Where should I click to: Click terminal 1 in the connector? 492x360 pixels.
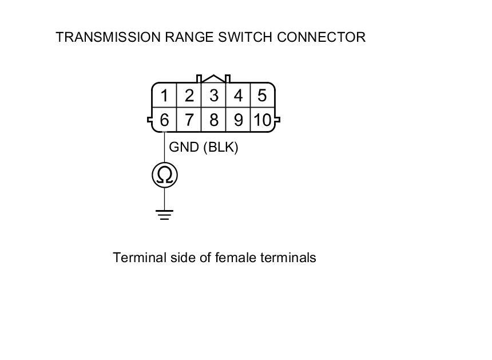click(x=164, y=95)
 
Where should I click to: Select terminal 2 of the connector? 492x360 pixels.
click(x=189, y=95)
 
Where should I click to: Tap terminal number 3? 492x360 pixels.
click(x=213, y=95)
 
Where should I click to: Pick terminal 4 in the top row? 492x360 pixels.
click(x=238, y=95)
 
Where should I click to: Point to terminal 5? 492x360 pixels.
click(x=262, y=95)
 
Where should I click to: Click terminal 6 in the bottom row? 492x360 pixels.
click(x=164, y=120)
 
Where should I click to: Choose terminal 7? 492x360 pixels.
click(x=189, y=120)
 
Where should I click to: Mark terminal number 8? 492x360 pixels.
click(x=213, y=120)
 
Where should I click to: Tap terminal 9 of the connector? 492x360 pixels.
click(x=238, y=120)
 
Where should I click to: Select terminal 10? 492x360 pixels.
click(x=262, y=120)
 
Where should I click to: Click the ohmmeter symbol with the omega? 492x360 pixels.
click(x=165, y=175)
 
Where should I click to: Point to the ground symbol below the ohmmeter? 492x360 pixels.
click(x=165, y=215)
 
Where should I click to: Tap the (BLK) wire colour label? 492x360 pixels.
click(x=220, y=147)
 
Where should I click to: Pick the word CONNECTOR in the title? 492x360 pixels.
click(x=321, y=37)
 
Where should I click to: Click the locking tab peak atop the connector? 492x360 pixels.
click(x=213, y=77)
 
